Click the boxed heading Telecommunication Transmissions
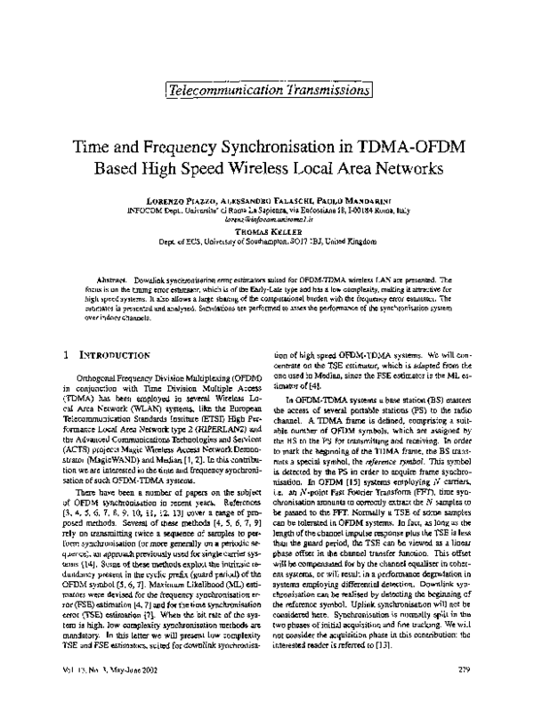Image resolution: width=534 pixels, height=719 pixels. pyautogui.click(x=267, y=88)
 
